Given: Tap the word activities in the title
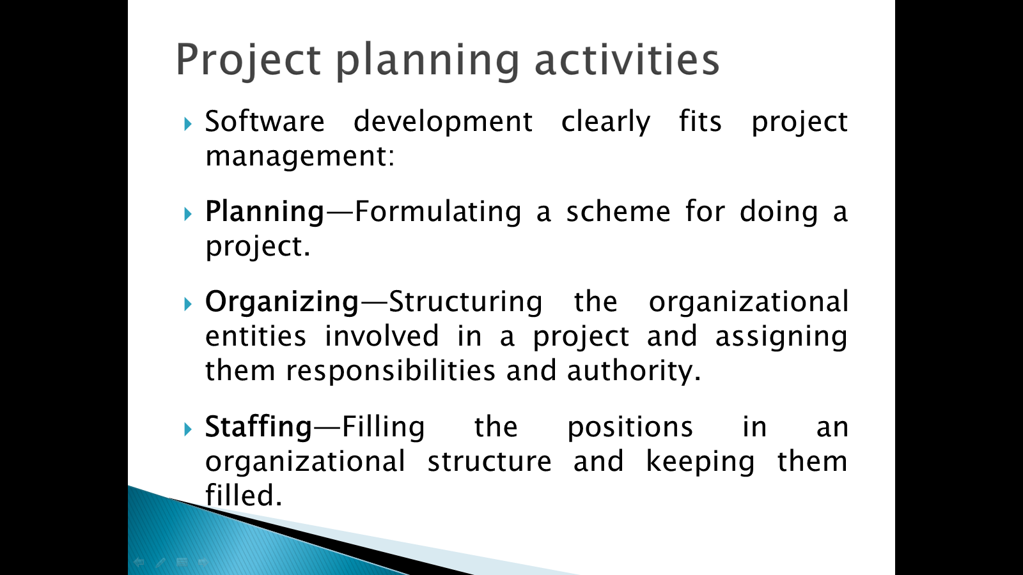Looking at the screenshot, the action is [627, 59].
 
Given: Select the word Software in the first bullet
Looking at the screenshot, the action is [265, 121].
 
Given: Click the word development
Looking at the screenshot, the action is [443, 122].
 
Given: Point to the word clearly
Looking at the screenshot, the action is [605, 122].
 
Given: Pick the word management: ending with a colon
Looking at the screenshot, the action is [300, 157].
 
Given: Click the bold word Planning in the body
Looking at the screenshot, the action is [265, 213].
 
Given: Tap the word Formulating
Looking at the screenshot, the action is [438, 213].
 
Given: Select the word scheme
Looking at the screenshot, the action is [618, 211].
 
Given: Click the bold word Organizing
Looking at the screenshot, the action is [282, 303].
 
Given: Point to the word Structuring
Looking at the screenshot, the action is [466, 303].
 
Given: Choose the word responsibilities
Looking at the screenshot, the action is [391, 371].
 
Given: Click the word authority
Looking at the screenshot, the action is [634, 371].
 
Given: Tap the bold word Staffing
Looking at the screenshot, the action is [258, 427].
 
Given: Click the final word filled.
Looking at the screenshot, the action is [244, 496].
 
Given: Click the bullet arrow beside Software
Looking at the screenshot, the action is [188, 124].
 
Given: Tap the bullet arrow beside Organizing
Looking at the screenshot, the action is [188, 304].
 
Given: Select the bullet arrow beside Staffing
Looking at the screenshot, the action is [188, 429].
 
